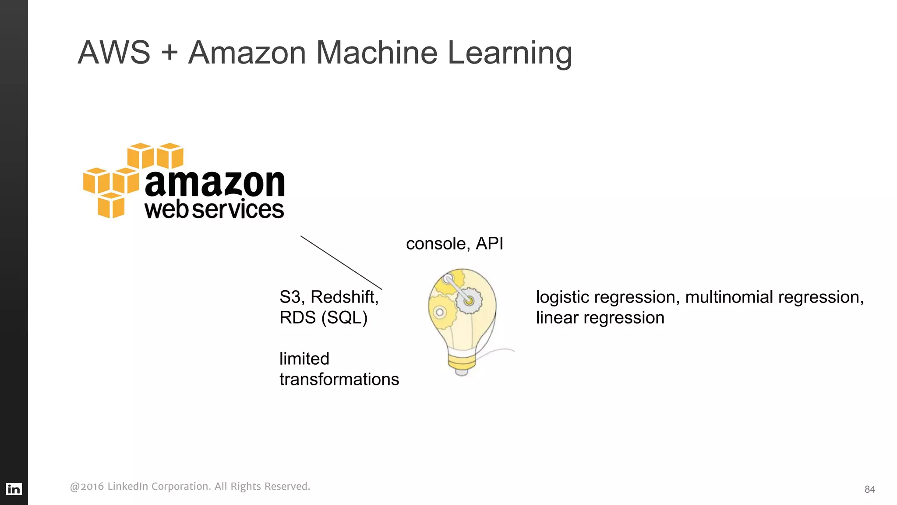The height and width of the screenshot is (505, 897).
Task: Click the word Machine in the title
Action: click(x=376, y=53)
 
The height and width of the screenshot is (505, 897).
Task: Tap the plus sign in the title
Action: click(x=169, y=53)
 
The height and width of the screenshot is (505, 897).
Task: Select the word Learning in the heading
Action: click(x=509, y=53)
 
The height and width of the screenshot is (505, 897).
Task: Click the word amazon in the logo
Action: click(x=215, y=183)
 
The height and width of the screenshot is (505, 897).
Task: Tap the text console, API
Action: click(x=454, y=244)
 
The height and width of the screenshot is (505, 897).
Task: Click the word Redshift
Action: click(x=344, y=297)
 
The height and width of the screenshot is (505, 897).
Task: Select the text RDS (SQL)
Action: click(x=323, y=318)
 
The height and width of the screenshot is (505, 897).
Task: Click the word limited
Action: click(x=304, y=359)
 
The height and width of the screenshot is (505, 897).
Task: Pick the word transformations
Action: click(x=339, y=380)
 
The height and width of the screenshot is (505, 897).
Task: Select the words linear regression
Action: click(x=600, y=318)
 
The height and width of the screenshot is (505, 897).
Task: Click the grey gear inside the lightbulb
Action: click(x=469, y=301)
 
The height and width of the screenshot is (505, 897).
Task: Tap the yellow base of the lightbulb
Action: click(x=461, y=362)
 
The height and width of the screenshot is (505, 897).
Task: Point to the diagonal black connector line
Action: click(x=341, y=263)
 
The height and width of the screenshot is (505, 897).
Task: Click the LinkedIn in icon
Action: click(x=14, y=489)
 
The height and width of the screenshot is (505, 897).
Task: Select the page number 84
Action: click(x=869, y=490)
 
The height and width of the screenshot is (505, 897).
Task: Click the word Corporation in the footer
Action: click(x=181, y=487)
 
